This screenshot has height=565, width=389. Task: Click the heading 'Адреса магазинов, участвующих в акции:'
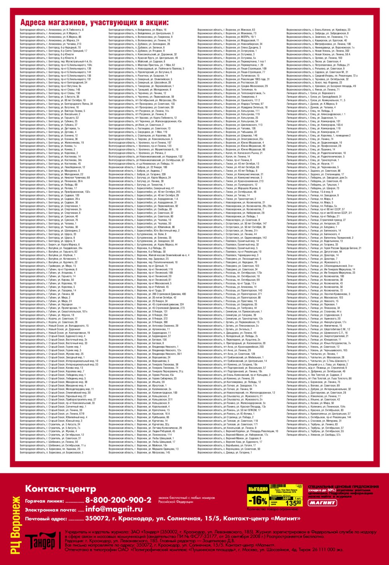95,22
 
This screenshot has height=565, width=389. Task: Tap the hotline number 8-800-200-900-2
118,500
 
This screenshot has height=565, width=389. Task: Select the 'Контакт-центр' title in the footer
60,489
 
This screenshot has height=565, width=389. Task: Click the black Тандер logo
40,542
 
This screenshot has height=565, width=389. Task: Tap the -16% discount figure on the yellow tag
258,500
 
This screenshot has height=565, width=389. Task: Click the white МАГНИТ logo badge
322,503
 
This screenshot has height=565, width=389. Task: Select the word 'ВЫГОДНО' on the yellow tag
258,489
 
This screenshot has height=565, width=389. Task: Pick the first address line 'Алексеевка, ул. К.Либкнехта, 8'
52,30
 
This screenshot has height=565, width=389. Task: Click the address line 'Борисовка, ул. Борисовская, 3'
52,452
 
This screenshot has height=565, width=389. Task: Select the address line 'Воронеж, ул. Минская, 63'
226,30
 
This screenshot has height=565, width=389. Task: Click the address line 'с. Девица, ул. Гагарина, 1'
224,452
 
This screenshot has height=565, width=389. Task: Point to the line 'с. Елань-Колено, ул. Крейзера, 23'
318,30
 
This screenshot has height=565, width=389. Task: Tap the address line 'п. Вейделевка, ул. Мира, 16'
137,30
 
